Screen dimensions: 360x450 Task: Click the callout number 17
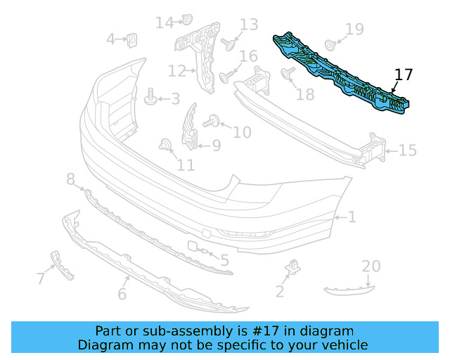click(404, 75)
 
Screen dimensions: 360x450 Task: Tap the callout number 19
click(354, 29)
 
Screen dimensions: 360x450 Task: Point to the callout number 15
click(408, 150)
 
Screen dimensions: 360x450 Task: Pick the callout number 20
click(371, 266)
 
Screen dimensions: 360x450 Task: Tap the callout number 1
click(352, 217)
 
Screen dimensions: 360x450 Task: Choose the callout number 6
click(122, 293)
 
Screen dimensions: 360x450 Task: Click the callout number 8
click(70, 181)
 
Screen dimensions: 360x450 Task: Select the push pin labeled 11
click(166, 146)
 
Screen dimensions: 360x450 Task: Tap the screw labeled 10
click(210, 123)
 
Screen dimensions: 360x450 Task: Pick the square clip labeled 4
click(131, 40)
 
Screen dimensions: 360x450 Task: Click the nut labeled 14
click(188, 19)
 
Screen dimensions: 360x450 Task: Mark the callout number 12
click(176, 70)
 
